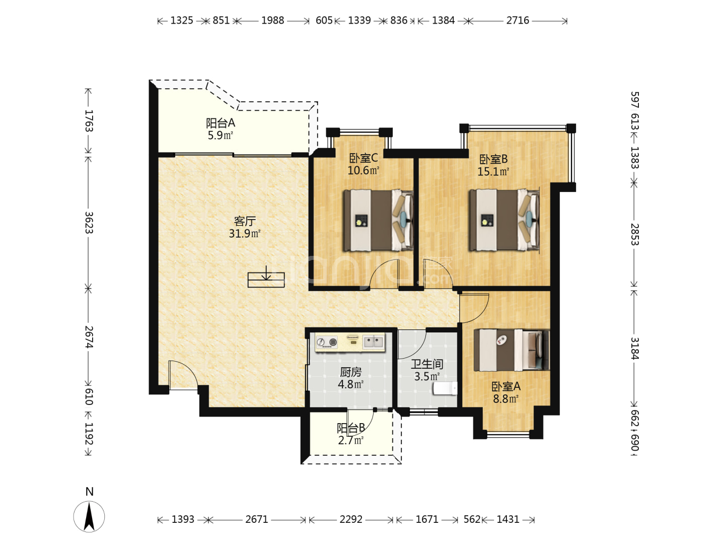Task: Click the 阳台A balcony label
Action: tap(221, 123)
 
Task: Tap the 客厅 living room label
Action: tap(245, 221)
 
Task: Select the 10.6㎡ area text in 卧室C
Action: tap(364, 170)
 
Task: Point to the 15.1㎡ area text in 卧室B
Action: tap(493, 172)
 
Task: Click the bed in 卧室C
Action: tap(378, 220)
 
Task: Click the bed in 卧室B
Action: tap(504, 220)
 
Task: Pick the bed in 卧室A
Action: tap(512, 350)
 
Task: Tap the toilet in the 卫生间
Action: tap(445, 388)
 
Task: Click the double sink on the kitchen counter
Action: tap(374, 342)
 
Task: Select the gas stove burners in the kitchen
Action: tap(326, 342)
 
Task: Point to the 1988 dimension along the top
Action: tap(273, 21)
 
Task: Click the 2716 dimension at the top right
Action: tap(518, 21)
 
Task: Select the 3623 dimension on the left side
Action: tap(89, 223)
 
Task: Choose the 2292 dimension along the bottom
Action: tap(351, 519)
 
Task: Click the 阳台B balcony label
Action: tap(351, 428)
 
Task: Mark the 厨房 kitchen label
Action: tap(351, 372)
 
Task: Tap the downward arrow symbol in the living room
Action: tap(266, 273)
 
